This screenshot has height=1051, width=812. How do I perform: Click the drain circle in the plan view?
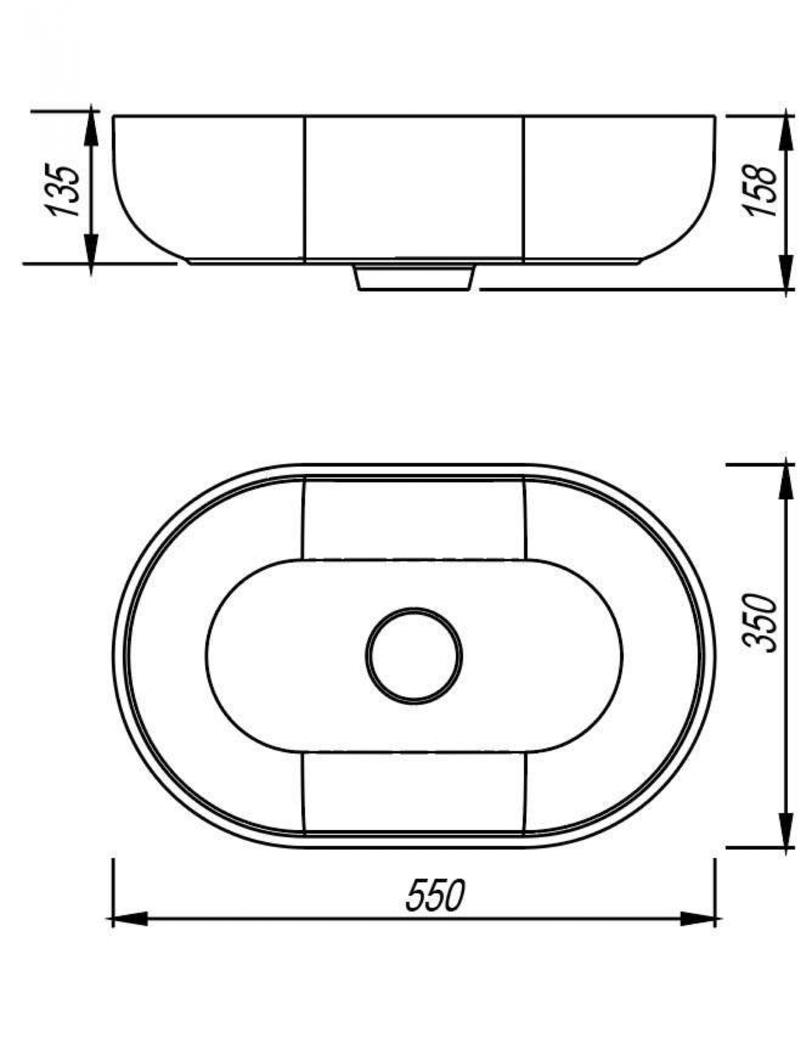[414, 655]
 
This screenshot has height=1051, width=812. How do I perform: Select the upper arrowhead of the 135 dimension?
[91, 129]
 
